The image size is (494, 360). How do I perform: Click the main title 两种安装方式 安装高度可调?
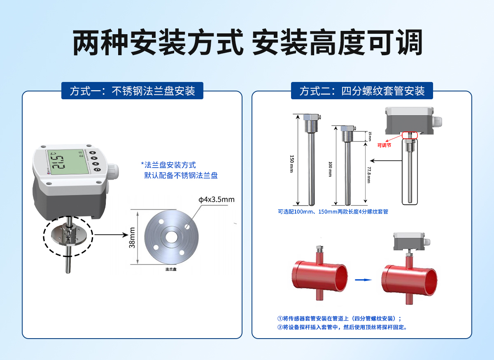click(247, 43)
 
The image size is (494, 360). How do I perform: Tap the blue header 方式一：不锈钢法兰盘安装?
click(132, 91)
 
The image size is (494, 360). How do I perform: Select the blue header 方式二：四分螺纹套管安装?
click(362, 91)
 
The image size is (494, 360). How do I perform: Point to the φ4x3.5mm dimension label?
click(216, 200)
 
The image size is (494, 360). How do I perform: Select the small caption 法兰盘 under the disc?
click(171, 269)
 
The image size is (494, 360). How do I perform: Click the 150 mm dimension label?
click(292, 164)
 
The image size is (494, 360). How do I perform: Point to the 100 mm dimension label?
click(330, 169)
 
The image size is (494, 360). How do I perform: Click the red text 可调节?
click(384, 145)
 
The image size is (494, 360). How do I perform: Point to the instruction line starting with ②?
click(342, 327)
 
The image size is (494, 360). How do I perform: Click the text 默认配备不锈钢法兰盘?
click(181, 175)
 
